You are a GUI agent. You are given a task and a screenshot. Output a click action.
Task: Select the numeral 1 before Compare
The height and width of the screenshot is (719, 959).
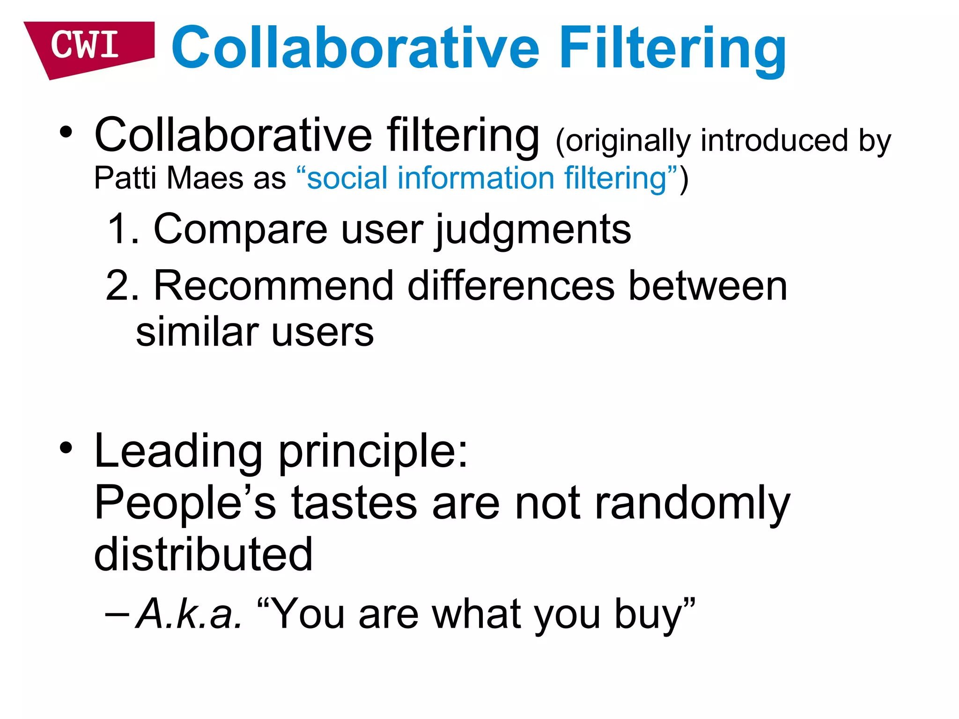[x=117, y=229]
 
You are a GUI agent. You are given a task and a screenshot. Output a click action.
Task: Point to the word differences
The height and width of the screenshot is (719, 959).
[x=511, y=286]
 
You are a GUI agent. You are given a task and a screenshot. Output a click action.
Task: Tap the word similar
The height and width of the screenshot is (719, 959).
[x=197, y=332]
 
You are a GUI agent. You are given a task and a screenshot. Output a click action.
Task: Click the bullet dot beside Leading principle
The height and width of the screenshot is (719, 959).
[x=66, y=448]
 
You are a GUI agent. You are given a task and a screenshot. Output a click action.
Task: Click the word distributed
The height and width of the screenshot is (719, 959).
[x=203, y=554]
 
